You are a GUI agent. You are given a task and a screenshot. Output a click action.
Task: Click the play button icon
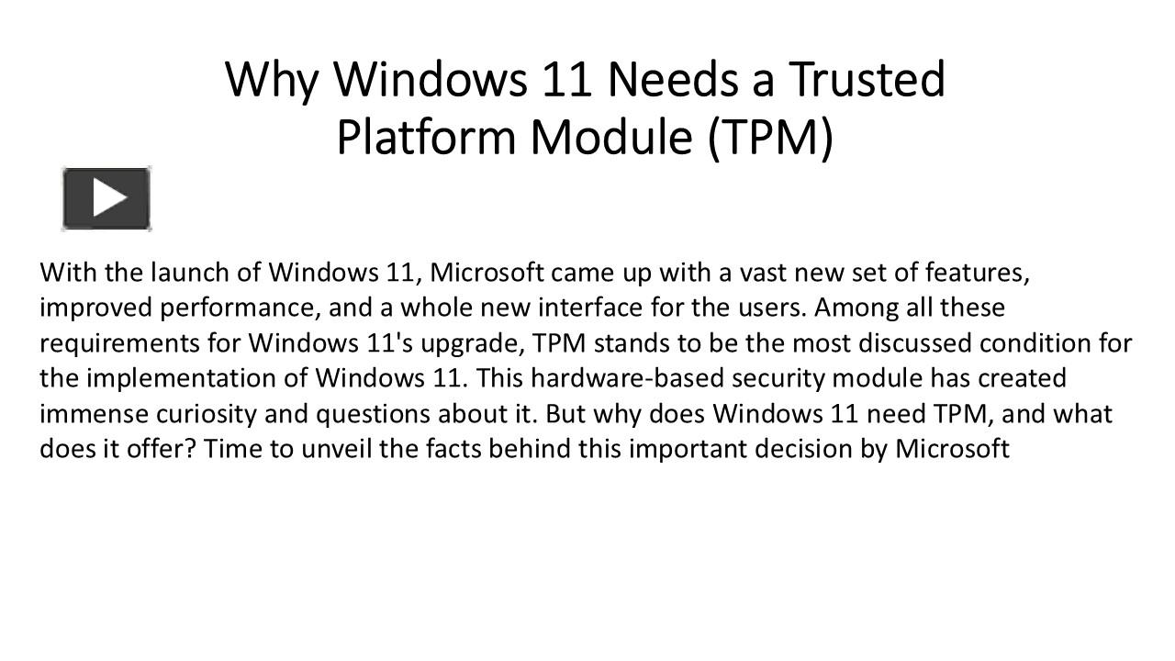106,198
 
